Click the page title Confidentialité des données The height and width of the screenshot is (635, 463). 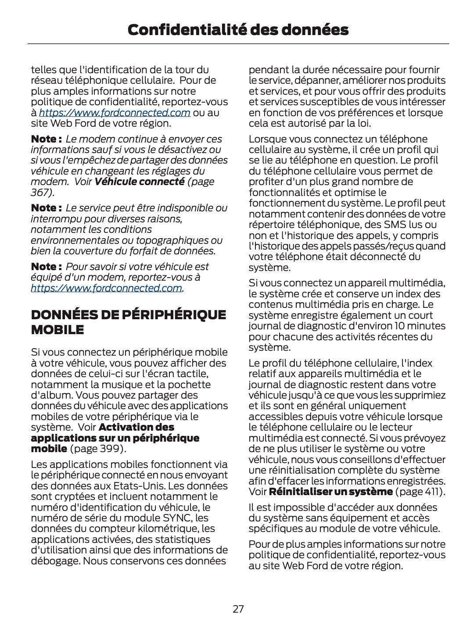pos(238,30)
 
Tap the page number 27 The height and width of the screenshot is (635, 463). pos(238,609)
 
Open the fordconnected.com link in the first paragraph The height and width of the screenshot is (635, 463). pos(115,113)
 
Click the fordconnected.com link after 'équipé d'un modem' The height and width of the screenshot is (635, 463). pos(106,288)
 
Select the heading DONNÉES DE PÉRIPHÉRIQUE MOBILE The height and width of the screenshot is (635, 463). pos(128,322)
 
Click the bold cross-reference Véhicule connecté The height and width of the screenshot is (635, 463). pos(139,182)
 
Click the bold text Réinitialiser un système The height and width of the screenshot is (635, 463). pos(330,492)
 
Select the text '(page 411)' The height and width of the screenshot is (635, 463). pos(420,492)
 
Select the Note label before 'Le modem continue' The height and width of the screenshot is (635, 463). pos(46,139)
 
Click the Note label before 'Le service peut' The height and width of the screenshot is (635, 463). pos(46,208)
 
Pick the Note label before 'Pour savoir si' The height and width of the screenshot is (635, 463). pos(46,267)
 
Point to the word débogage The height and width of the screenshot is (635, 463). pos(55,561)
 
